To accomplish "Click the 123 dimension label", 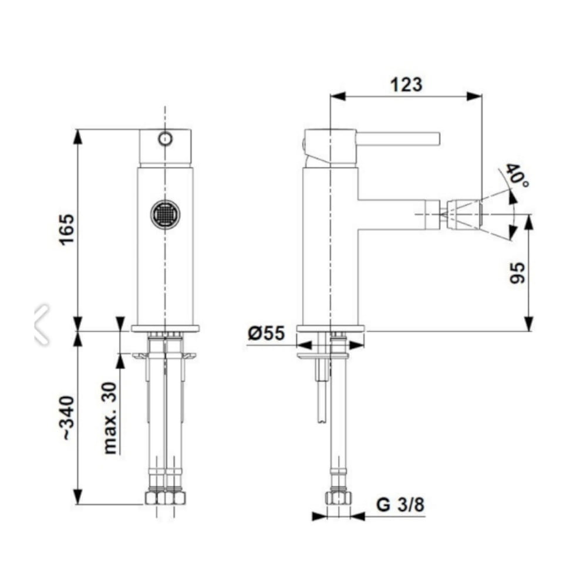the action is (x=406, y=85).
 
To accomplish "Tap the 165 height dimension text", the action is (x=68, y=230).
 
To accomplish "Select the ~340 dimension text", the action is (x=68, y=417).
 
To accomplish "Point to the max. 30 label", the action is (x=110, y=418).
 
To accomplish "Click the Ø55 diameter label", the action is (x=266, y=333).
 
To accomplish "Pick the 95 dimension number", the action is (x=518, y=272).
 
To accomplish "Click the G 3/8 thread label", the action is (x=400, y=504).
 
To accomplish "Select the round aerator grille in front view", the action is (x=165, y=214).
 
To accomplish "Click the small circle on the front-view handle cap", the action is (x=165, y=139).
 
